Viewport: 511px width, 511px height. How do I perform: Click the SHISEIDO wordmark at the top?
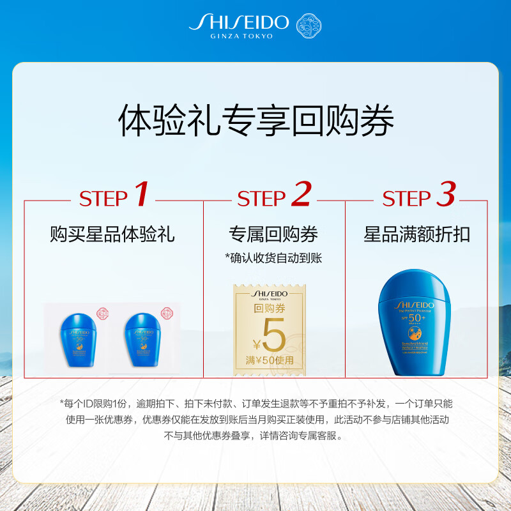coord(239,23)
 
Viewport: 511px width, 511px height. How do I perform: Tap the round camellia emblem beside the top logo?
coord(309,25)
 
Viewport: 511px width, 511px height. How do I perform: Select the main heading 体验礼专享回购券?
coord(256,121)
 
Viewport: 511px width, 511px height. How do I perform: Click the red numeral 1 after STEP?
coord(141,195)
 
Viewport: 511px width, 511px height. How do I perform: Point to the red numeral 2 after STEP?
coord(300,195)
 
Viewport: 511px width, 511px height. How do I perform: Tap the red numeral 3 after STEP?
coord(445,195)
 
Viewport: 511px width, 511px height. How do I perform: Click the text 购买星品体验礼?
coord(112,234)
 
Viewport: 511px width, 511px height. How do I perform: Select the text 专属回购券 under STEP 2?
coord(273,234)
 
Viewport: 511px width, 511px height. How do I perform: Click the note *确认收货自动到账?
coord(273,257)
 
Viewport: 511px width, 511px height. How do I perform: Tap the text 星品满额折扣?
coord(416,234)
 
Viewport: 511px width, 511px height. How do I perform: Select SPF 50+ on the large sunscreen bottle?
coord(409,318)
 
